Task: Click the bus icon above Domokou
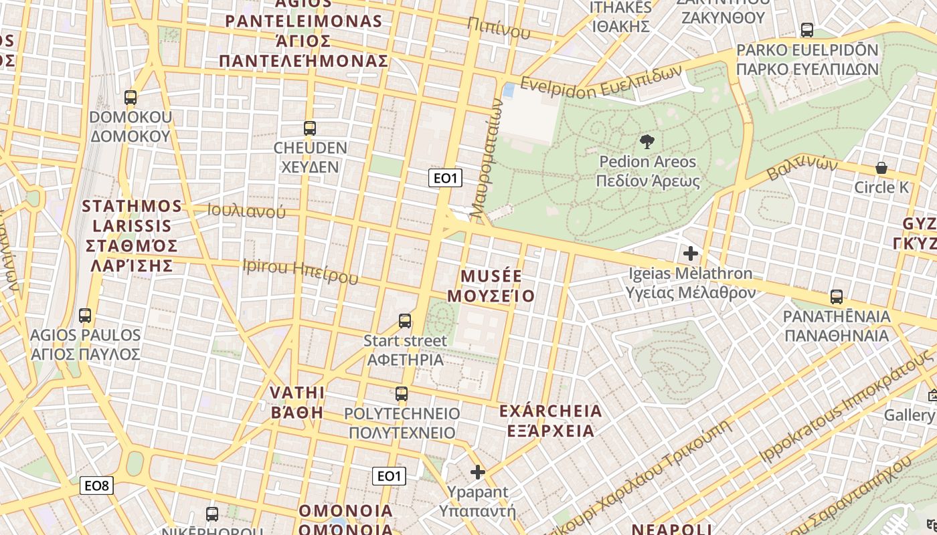point(131,98)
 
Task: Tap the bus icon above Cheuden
point(309,128)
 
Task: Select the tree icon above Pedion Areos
point(647,141)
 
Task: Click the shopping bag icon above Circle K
point(881,167)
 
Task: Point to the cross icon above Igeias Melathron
point(690,253)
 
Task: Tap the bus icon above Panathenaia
point(836,296)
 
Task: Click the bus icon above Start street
point(405,321)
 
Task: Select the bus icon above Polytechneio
point(402,393)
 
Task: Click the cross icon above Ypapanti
point(477,472)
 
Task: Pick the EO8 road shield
point(96,486)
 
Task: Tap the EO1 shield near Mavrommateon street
point(445,178)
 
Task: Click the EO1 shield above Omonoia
point(389,476)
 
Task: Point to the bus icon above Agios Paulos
point(85,315)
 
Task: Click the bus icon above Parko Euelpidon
point(807,29)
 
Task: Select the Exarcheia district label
point(551,420)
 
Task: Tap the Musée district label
point(491,286)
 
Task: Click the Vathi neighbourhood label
point(297,401)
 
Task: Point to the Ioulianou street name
point(246,211)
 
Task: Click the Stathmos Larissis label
point(133,235)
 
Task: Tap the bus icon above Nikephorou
point(212,514)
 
